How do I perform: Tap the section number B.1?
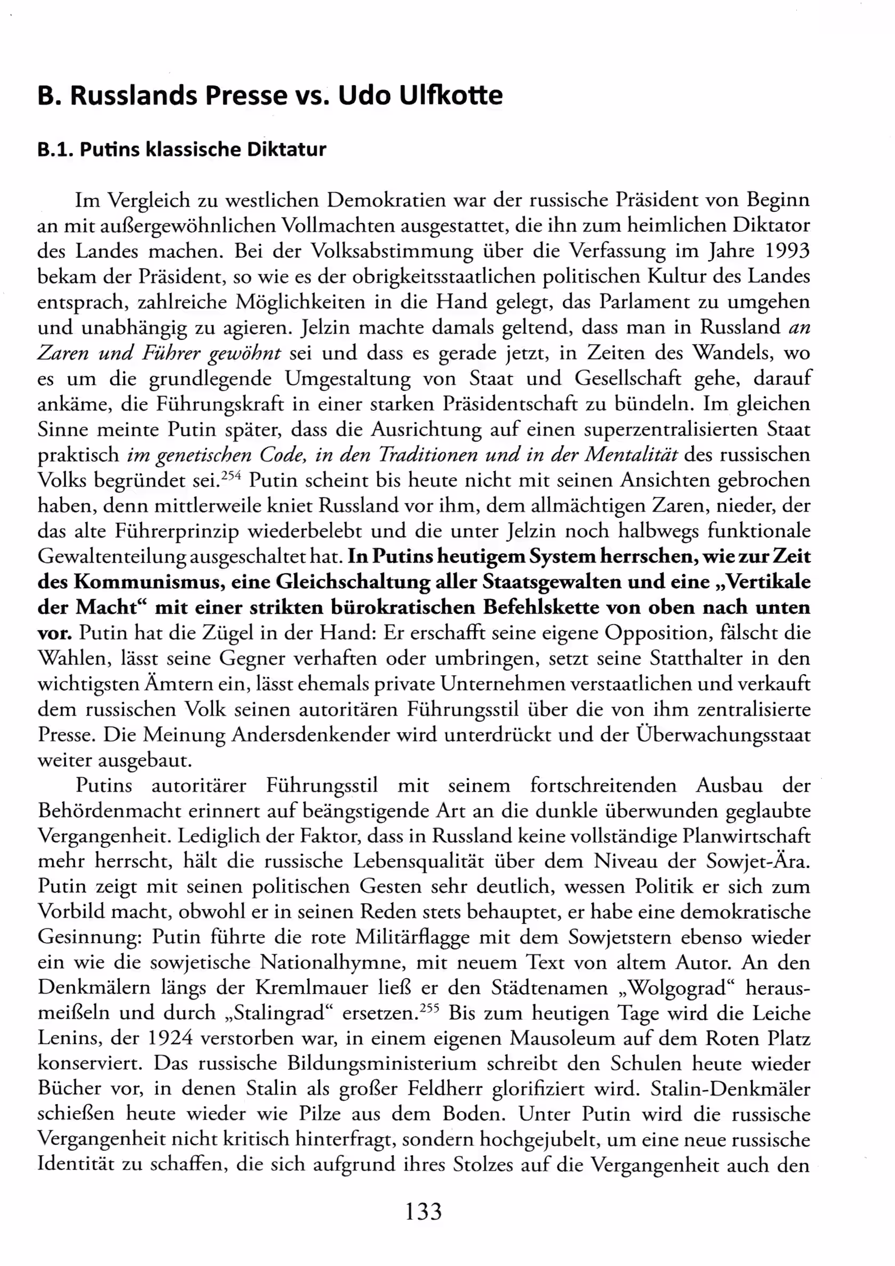[x=55, y=149]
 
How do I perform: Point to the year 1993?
[x=786, y=251]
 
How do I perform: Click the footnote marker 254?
[x=230, y=475]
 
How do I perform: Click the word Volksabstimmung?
[x=393, y=251]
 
